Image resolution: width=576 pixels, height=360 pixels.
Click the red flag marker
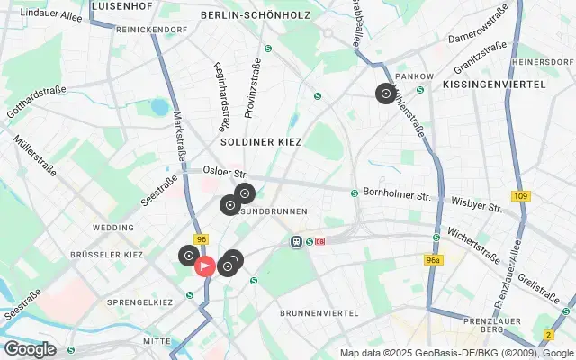click(x=205, y=266)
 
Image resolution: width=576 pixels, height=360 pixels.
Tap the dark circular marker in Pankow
click(x=385, y=93)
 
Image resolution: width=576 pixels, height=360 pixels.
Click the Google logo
click(x=29, y=349)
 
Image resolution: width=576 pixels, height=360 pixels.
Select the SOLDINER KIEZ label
click(x=261, y=142)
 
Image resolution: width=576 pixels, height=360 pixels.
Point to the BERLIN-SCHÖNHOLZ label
click(x=256, y=16)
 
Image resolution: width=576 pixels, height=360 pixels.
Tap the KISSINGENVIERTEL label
click(x=494, y=84)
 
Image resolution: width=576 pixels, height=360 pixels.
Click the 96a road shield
click(x=434, y=259)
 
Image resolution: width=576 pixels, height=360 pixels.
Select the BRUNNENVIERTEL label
click(x=319, y=313)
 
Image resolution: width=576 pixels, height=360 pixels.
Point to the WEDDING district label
click(x=112, y=229)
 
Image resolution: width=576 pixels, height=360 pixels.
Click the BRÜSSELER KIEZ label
click(x=106, y=256)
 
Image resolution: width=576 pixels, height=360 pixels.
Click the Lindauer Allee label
click(x=50, y=16)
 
